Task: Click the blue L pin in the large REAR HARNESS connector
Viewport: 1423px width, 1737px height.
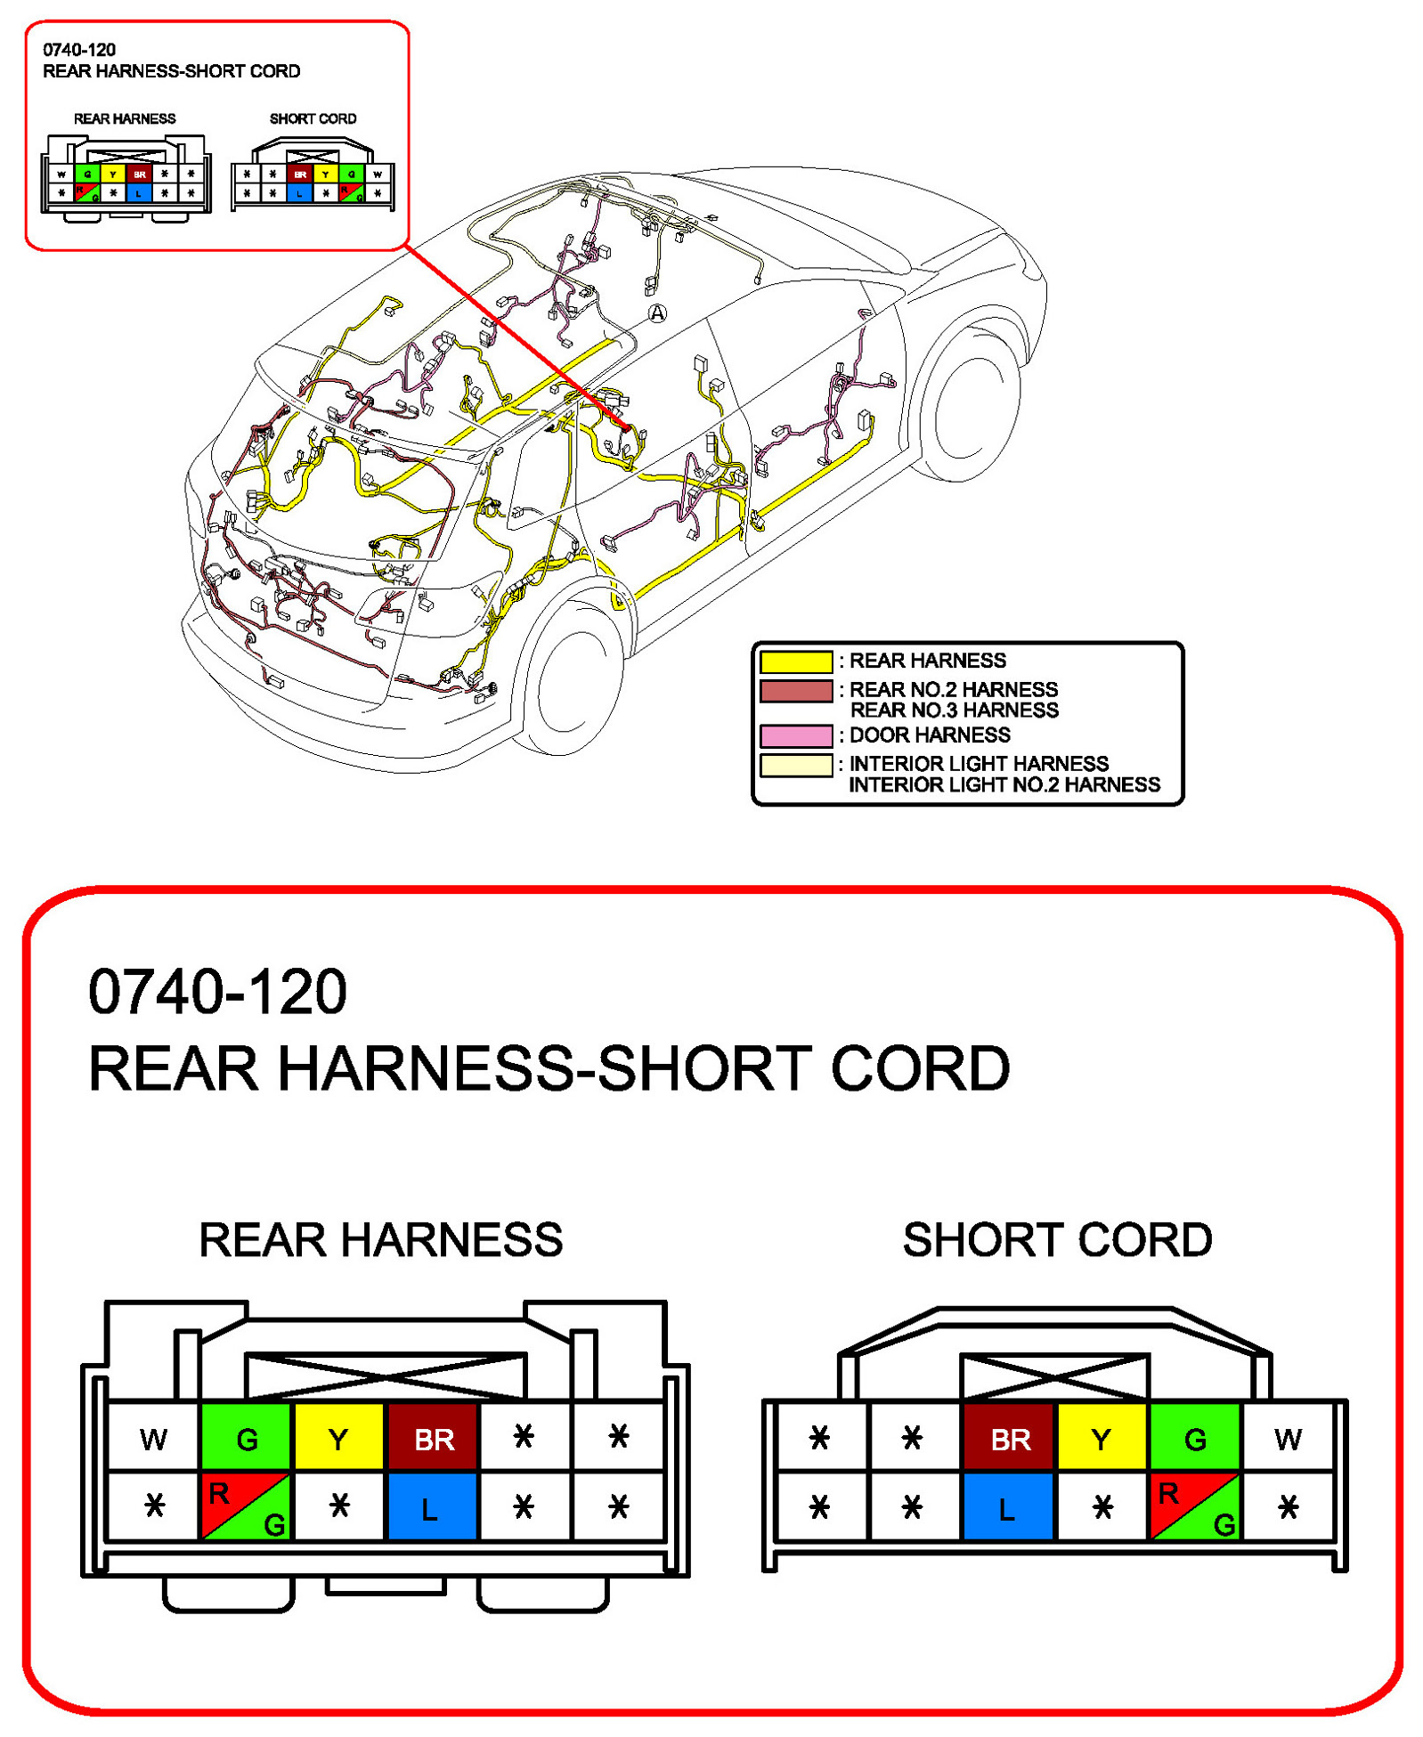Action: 431,1507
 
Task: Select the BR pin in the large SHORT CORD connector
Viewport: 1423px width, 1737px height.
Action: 1010,1438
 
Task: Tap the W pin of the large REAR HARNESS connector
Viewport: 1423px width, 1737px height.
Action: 153,1438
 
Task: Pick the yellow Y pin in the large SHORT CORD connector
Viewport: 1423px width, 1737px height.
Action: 1102,1438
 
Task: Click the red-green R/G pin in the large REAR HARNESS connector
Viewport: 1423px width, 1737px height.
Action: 246,1507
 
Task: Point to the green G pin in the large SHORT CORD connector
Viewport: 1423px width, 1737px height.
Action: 1195,1438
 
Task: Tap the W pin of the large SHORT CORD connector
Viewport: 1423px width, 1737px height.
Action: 1287,1438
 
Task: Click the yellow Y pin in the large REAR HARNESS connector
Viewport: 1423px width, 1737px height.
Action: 338,1438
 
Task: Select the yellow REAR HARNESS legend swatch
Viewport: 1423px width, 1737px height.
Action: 795,662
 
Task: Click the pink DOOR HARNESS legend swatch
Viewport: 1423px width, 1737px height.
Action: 795,735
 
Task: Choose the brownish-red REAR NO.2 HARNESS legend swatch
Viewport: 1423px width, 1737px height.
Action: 795,691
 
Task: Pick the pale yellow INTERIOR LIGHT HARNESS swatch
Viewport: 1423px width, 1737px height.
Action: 795,765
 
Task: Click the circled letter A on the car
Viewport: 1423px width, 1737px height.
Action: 656,312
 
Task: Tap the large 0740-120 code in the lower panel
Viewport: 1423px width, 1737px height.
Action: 217,991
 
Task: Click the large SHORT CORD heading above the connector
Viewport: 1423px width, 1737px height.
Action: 1057,1239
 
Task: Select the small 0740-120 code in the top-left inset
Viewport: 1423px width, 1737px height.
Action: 79,50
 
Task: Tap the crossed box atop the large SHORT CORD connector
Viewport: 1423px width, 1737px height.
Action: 1054,1376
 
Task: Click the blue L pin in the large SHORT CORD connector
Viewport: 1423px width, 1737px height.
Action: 1007,1507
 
